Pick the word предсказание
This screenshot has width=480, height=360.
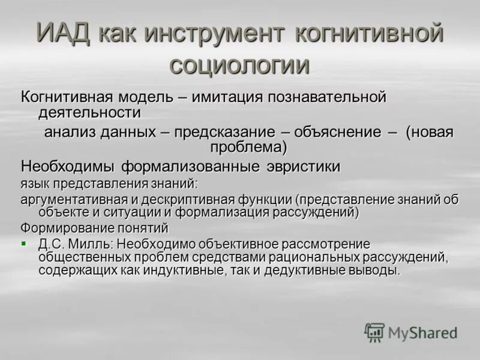[224, 132]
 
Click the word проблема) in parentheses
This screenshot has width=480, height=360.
[248, 146]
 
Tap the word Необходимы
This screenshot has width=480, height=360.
[68, 166]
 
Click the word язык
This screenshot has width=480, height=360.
[34, 184]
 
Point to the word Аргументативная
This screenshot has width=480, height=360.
[70, 199]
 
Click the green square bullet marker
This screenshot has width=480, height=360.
[24, 243]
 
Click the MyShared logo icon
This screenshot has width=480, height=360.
[375, 332]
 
